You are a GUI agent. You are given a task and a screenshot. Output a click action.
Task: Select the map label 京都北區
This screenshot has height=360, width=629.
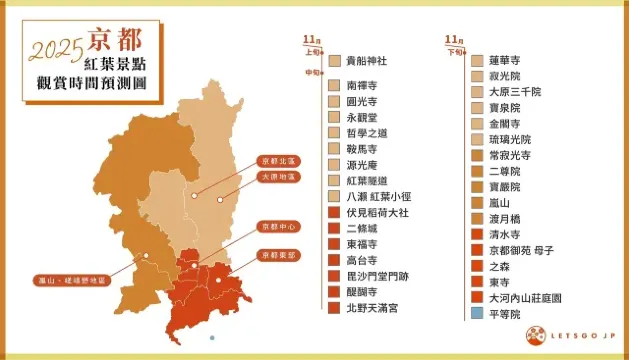coord(277,160)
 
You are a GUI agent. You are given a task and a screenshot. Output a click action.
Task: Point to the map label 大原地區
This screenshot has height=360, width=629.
coord(277,177)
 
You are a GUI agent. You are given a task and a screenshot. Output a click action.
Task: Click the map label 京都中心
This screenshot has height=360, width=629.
coord(277,226)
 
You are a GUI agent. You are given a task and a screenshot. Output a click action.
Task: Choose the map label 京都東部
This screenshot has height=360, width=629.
coord(277,254)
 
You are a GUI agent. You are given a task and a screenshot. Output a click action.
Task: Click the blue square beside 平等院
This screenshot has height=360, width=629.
coord(478,314)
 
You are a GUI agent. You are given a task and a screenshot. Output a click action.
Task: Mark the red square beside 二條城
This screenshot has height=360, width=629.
coord(333,229)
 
